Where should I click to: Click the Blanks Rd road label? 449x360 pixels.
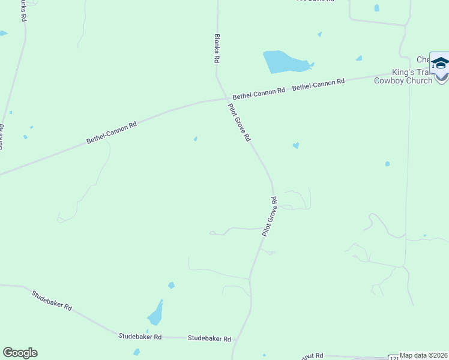tap(217, 49)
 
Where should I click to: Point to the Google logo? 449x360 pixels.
tap(20, 353)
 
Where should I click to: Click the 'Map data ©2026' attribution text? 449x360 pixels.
tap(424, 355)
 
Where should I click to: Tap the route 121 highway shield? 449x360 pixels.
tap(393, 357)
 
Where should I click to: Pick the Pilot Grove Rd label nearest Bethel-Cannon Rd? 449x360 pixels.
tap(238, 122)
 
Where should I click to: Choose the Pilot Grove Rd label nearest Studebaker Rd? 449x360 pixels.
tap(270, 216)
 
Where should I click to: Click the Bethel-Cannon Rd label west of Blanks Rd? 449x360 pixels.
tap(112, 132)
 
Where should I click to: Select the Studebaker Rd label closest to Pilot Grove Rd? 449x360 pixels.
tap(209, 338)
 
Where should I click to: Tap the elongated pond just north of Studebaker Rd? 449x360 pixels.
tap(155, 313)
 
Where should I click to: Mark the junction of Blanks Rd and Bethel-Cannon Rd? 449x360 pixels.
tap(226, 98)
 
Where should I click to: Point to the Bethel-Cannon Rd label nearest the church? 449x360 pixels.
tap(318, 85)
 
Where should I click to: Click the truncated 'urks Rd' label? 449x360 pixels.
tap(23, 11)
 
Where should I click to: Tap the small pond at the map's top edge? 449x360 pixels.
tap(376, 8)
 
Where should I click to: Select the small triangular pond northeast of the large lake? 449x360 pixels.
tap(358, 58)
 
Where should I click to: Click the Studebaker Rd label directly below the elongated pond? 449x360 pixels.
tap(140, 337)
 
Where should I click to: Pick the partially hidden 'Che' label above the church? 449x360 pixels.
tap(423, 59)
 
